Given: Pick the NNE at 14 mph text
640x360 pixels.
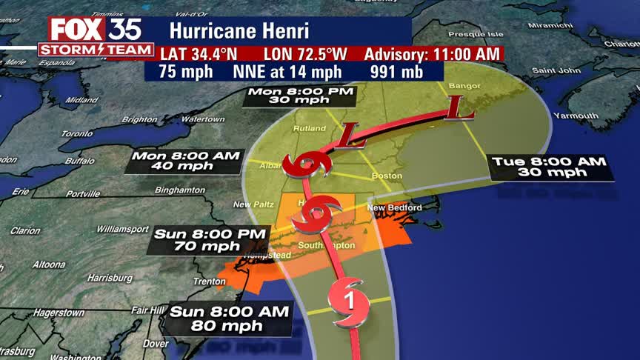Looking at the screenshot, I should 287,73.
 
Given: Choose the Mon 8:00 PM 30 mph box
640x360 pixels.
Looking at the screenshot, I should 301,97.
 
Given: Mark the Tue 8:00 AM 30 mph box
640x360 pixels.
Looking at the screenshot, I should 551,167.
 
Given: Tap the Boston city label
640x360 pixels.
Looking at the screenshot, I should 387,176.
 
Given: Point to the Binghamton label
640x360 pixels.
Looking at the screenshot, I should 180,190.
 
